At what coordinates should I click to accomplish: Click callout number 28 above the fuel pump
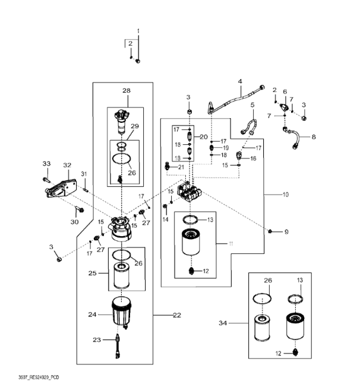point(126,91)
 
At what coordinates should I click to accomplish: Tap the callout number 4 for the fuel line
point(240,81)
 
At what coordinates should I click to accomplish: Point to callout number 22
point(176,315)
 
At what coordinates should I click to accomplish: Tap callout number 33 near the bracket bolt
point(46,163)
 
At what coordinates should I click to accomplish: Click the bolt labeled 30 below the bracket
point(80,209)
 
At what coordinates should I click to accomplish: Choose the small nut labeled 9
point(270,230)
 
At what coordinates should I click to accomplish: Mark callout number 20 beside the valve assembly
point(204,136)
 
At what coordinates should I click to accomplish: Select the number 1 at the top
point(138,30)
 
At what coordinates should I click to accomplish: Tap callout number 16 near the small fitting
point(252,158)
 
